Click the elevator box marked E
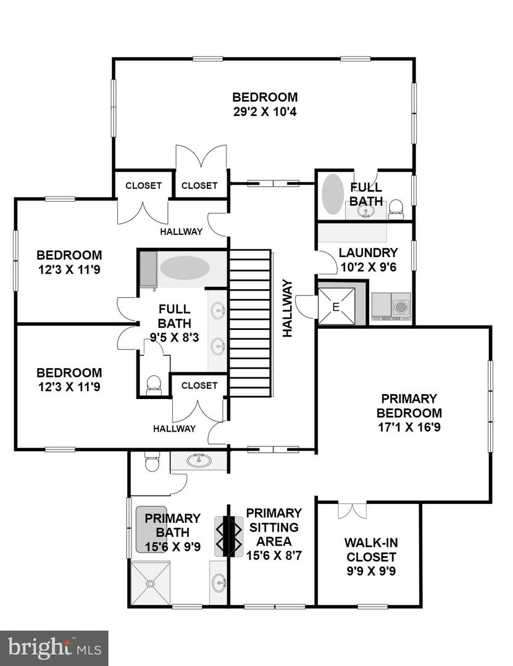pyautogui.click(x=336, y=306)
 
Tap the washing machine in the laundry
pyautogui.click(x=401, y=306)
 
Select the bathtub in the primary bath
pyautogui.click(x=151, y=529)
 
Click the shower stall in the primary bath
pyautogui.click(x=150, y=583)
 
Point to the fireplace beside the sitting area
pyautogui.click(x=228, y=536)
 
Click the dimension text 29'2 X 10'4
pyautogui.click(x=265, y=112)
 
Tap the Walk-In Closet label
pyautogui.click(x=370, y=549)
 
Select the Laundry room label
pyautogui.click(x=369, y=253)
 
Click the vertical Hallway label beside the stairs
pyautogui.click(x=288, y=308)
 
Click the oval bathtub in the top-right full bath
pyautogui.click(x=333, y=195)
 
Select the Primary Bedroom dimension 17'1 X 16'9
pyautogui.click(x=409, y=427)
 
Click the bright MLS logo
pyautogui.click(x=54, y=648)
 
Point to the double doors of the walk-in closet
pyautogui.click(x=352, y=511)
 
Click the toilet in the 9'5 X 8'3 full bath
pyautogui.click(x=154, y=384)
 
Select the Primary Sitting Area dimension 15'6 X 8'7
pyautogui.click(x=274, y=555)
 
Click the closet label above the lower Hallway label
pyautogui.click(x=199, y=385)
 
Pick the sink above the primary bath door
pyautogui.click(x=198, y=461)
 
